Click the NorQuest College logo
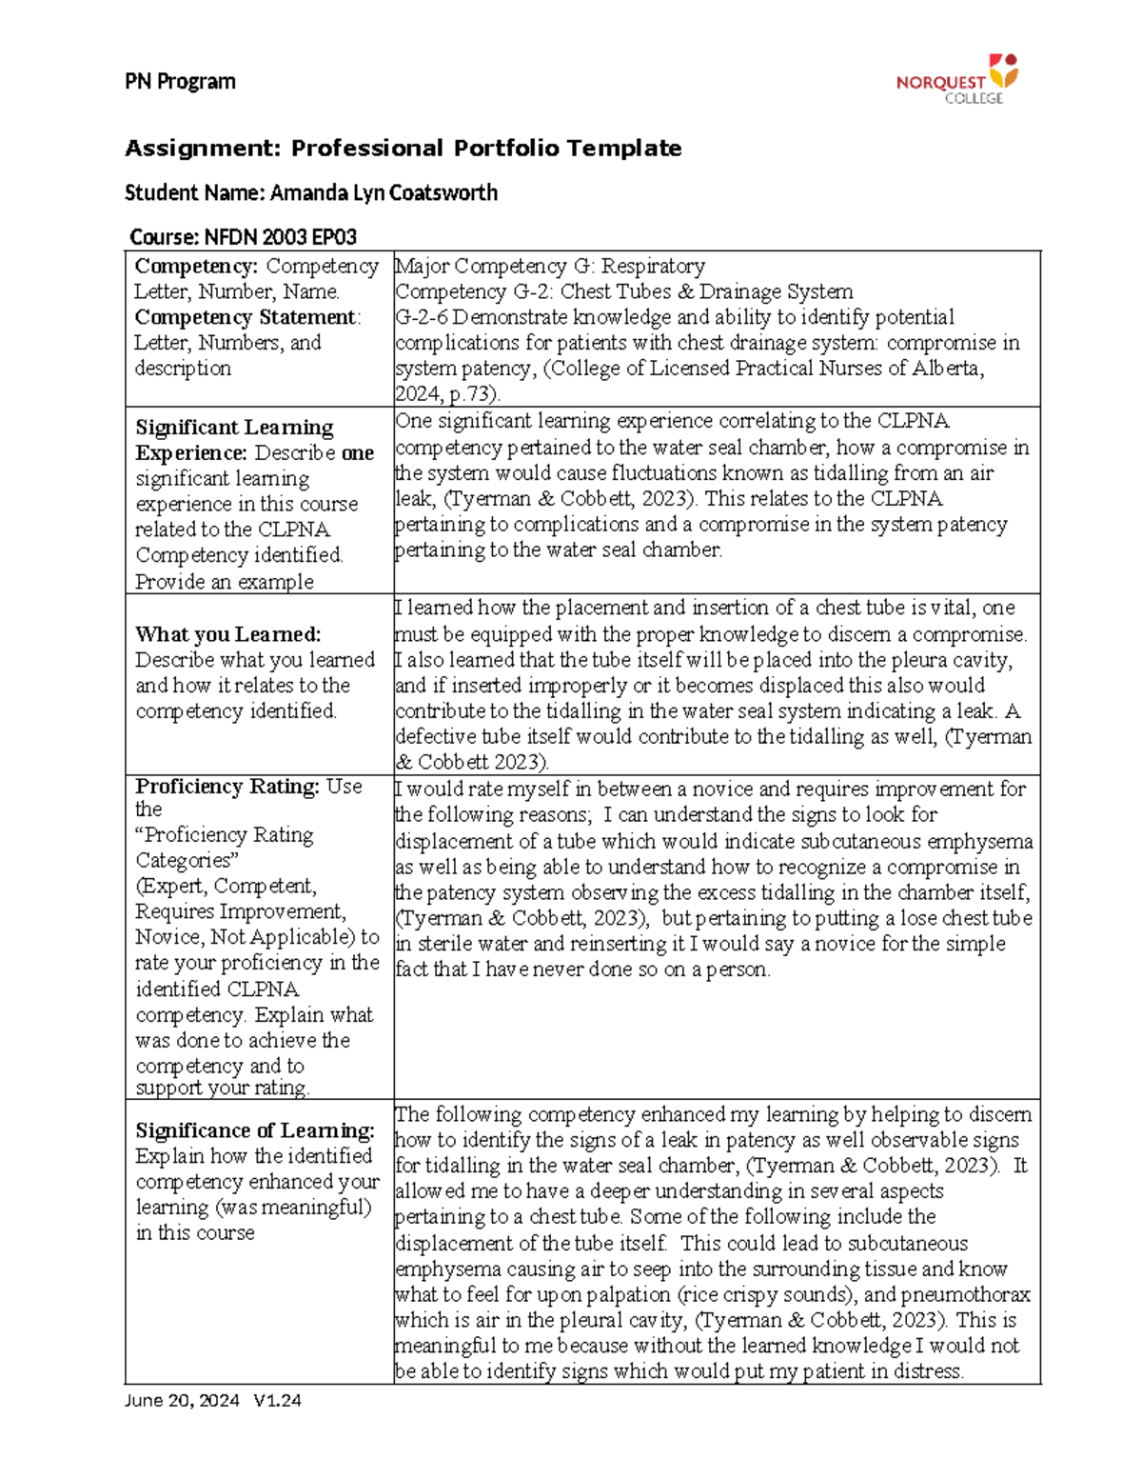(956, 79)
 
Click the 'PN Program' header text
(180, 82)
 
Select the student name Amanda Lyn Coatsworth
(384, 193)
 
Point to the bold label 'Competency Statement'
(246, 317)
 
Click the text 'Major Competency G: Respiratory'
(550, 266)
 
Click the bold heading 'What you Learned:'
(227, 634)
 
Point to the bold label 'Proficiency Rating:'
(226, 787)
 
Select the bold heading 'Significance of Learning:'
(255, 1130)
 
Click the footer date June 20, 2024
(182, 1401)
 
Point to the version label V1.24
(277, 1401)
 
